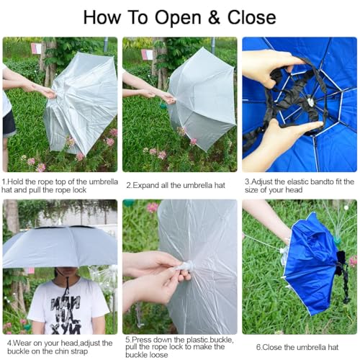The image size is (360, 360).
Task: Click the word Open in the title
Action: (x=173, y=16)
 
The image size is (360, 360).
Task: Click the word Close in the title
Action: (x=247, y=16)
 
